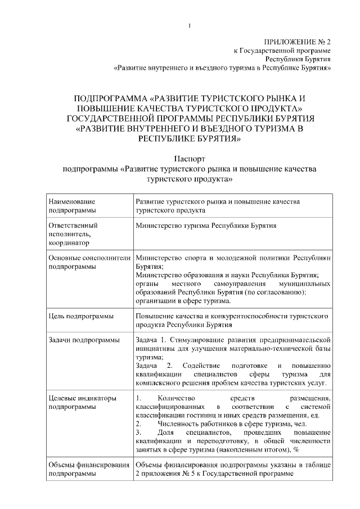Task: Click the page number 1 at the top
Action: point(190,26)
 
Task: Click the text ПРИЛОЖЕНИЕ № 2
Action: point(297,42)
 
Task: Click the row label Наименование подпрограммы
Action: point(72,205)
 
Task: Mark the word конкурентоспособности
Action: point(235,317)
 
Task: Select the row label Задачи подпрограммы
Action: point(84,340)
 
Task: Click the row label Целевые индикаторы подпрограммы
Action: point(83,403)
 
